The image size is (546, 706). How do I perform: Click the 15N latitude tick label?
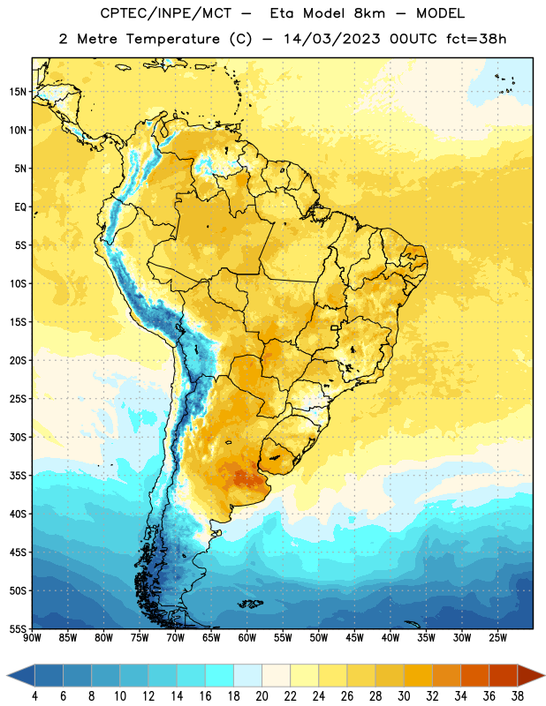(18, 92)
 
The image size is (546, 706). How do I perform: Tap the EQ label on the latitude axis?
(20, 207)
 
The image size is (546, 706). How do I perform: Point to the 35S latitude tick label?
(18, 476)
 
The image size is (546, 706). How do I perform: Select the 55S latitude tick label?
(18, 628)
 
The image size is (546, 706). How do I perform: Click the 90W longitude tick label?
(32, 638)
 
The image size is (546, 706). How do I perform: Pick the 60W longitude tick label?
(247, 638)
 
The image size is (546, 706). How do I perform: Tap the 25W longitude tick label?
(497, 638)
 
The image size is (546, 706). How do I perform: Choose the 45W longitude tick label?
(354, 638)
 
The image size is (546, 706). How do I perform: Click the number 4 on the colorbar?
(34, 696)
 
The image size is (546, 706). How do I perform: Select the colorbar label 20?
(262, 696)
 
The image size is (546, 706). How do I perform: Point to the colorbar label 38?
(518, 696)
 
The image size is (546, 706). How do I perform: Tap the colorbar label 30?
(404, 696)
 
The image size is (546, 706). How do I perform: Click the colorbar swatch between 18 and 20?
(247, 675)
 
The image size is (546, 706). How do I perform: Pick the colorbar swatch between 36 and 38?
(504, 675)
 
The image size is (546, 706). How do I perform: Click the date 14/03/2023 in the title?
(332, 39)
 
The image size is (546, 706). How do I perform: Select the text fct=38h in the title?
(476, 39)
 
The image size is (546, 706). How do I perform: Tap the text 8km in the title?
(369, 13)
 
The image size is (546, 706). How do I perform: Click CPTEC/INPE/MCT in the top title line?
(166, 13)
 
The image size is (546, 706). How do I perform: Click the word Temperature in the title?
(172, 39)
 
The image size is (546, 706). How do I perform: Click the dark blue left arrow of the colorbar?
(20, 675)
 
